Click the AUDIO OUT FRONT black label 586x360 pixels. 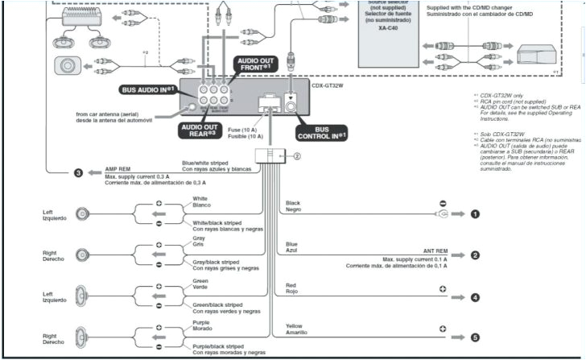[260, 64]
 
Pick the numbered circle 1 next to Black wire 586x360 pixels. [475, 213]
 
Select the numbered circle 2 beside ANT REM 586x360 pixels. [475, 254]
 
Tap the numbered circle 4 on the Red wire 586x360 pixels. [475, 297]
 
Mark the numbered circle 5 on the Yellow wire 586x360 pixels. [475, 338]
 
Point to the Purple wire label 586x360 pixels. [202, 323]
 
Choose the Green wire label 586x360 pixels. [200, 281]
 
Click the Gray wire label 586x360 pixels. [199, 239]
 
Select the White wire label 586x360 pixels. [200, 197]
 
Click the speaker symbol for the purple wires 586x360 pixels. [82, 339]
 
